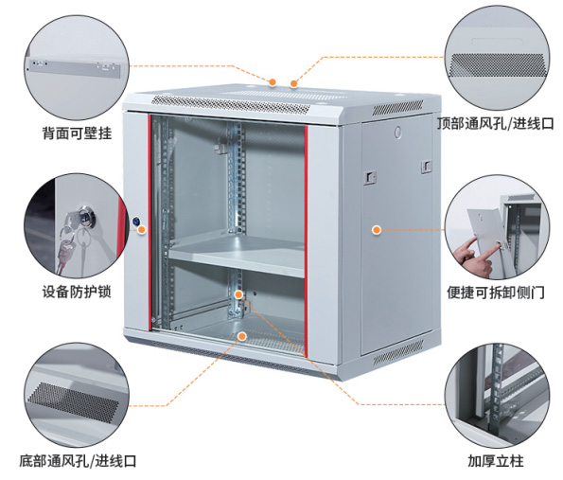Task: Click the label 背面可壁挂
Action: point(78,133)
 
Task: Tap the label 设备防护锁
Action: point(77,292)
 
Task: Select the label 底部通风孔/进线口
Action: point(78,461)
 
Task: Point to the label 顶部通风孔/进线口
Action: point(496,124)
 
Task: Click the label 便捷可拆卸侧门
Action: point(496,293)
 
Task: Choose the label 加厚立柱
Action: point(496,461)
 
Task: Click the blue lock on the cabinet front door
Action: point(135,221)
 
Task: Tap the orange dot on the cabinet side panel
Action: point(377,230)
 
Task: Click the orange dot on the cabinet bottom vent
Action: point(242,336)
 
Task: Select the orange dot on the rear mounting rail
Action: point(238,294)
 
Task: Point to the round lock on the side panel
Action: point(397,132)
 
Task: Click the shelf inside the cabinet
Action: point(237,255)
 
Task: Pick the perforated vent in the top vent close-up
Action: point(498,64)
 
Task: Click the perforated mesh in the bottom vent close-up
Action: point(73,402)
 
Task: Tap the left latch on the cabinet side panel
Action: point(370,177)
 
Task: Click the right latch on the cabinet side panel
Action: point(426,167)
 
